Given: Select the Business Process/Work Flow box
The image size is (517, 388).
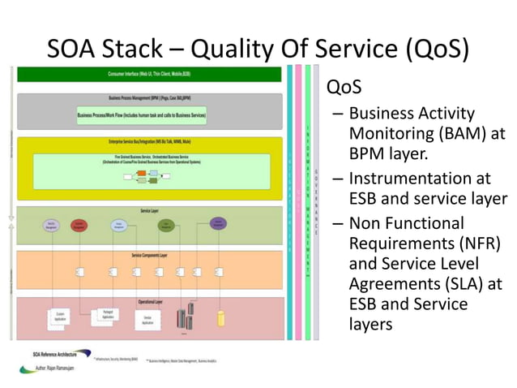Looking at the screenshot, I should (x=142, y=116).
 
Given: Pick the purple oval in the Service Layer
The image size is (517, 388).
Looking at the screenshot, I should (x=218, y=223).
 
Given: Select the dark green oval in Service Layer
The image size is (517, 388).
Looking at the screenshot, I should (x=167, y=225).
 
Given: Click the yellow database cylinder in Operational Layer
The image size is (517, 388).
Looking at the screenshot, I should (x=220, y=317).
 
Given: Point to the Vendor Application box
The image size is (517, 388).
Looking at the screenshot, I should (x=147, y=320).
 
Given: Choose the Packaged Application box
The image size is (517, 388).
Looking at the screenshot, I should (x=106, y=314).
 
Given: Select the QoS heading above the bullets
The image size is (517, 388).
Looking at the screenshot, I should (x=343, y=87).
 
